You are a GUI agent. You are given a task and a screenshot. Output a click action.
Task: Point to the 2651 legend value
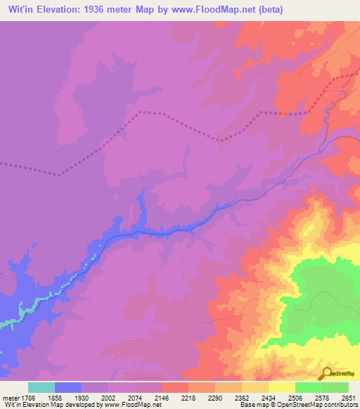point(349,397)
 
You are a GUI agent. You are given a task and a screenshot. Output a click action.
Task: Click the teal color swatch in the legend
point(41,387)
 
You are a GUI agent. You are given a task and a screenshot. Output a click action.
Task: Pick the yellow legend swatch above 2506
point(282,387)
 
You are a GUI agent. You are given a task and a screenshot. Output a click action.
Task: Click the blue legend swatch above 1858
point(68,387)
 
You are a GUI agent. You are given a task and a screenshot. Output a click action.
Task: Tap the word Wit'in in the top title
point(19,8)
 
